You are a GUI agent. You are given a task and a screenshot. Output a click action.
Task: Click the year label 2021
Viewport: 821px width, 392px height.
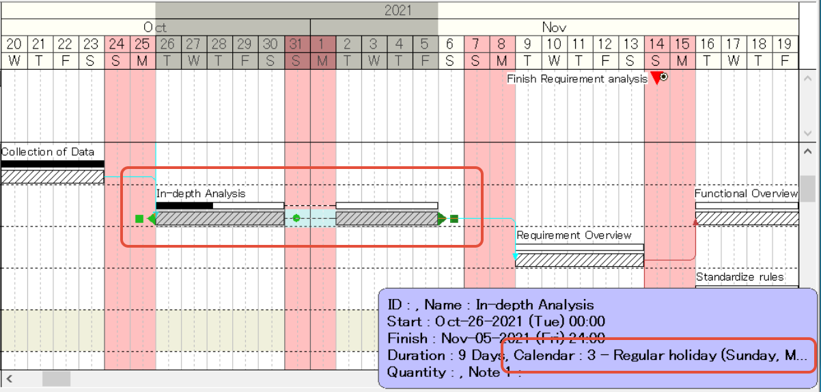(x=398, y=10)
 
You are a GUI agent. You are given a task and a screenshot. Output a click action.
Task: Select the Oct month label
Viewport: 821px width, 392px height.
(x=155, y=27)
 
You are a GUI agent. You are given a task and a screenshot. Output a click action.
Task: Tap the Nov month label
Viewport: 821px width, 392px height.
(x=554, y=27)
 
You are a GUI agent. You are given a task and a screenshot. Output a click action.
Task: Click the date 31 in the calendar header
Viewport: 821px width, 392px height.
(x=296, y=44)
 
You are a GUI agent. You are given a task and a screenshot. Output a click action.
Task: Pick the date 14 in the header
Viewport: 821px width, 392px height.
(x=656, y=44)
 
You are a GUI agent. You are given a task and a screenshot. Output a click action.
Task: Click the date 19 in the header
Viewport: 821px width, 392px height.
(x=785, y=44)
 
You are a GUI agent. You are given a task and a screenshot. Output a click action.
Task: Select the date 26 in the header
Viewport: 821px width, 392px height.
(x=167, y=44)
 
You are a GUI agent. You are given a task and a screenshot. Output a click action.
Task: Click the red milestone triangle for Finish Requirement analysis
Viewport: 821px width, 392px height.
(x=656, y=78)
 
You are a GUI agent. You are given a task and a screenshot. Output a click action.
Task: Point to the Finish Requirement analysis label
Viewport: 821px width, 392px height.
(x=576, y=79)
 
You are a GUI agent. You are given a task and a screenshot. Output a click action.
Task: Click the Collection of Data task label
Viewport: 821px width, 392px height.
(x=48, y=152)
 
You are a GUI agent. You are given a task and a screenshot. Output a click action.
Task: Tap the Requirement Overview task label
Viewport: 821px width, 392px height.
(x=574, y=235)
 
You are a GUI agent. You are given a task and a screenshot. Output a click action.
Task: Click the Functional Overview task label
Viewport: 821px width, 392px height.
(x=746, y=194)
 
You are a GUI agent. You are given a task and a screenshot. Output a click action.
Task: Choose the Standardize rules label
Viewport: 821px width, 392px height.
(x=740, y=277)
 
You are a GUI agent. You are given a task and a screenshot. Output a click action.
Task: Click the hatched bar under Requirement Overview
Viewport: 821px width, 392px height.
(x=579, y=260)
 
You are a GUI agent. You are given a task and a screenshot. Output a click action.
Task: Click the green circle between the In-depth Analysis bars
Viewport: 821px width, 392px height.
(x=296, y=218)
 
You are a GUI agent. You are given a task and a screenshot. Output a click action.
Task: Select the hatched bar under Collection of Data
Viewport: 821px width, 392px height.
(x=52, y=177)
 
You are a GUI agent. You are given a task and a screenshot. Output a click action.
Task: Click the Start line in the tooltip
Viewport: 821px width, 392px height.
(x=496, y=322)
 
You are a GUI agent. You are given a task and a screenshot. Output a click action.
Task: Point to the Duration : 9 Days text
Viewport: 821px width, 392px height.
(x=447, y=355)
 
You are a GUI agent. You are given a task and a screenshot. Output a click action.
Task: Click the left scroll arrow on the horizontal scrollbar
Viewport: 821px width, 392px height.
(x=10, y=378)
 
